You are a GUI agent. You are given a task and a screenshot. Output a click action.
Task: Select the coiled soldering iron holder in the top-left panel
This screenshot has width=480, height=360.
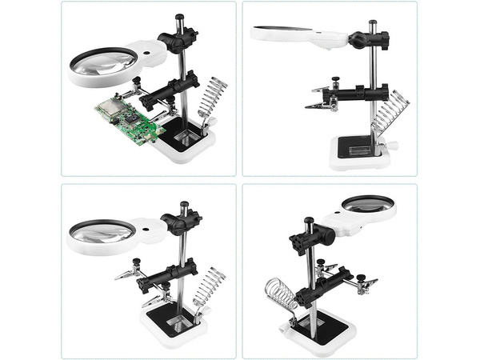pos(214,100)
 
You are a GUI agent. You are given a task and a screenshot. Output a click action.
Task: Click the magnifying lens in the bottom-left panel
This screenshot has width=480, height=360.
pos(102,232)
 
